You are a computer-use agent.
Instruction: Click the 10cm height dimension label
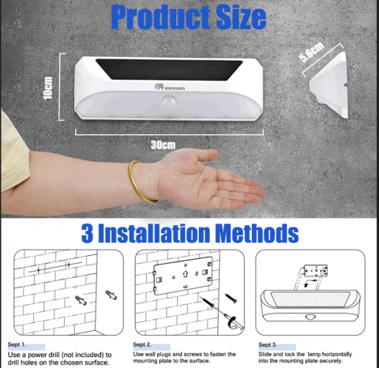click(48, 88)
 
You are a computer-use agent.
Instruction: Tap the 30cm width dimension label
click(163, 145)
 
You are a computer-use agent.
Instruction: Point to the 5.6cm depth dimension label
click(312, 52)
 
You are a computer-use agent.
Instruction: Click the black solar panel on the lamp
click(169, 69)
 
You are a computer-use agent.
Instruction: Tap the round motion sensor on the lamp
click(169, 102)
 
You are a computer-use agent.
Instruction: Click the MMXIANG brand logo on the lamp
click(170, 87)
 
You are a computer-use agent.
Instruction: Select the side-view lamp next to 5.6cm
click(328, 84)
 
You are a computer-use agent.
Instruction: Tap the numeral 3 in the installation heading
click(87, 233)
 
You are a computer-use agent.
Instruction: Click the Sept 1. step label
click(17, 344)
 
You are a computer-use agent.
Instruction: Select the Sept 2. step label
click(142, 344)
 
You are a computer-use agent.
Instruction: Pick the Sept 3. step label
click(268, 344)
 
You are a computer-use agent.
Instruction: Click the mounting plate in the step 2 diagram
click(183, 276)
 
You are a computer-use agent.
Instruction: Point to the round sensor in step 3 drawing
click(310, 316)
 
